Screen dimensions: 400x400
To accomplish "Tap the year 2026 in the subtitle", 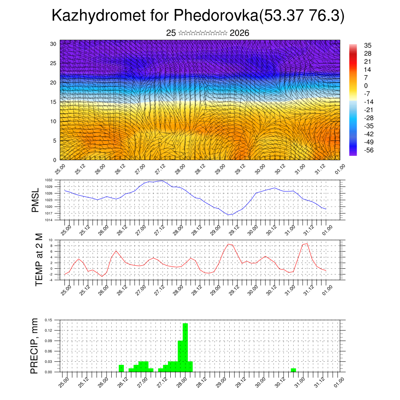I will [x=239, y=33].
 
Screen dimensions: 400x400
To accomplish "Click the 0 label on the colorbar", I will [x=366, y=86].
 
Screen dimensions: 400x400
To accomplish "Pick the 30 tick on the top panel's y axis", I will [x=53, y=44].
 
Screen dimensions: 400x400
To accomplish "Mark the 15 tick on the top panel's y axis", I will [x=53, y=102].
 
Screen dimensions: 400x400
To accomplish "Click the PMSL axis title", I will [x=36, y=200].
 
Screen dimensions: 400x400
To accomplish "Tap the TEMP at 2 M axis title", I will [x=39, y=259].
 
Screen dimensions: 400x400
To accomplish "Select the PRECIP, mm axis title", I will [x=36, y=345].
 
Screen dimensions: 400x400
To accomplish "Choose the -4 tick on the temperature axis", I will [x=51, y=280].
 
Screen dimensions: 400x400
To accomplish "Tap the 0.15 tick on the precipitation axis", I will [x=48, y=320].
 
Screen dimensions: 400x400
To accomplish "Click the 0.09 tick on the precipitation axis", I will [x=48, y=341].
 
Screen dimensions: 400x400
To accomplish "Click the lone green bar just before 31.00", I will [x=293, y=370].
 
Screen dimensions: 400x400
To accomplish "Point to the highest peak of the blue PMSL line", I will [x=162, y=181].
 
